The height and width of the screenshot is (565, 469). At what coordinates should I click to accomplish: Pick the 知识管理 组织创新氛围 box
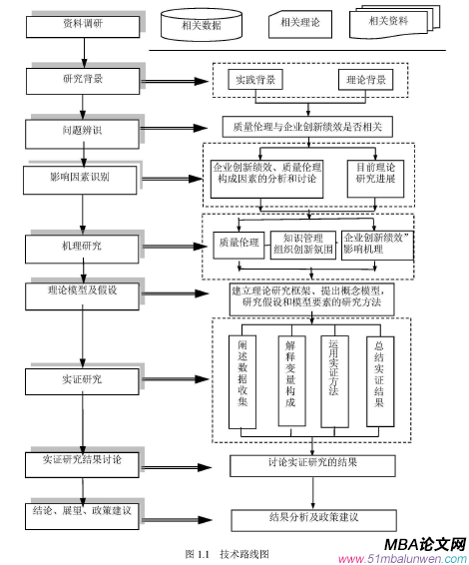click(302, 245)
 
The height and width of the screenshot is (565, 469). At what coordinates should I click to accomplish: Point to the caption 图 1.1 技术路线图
click(227, 553)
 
